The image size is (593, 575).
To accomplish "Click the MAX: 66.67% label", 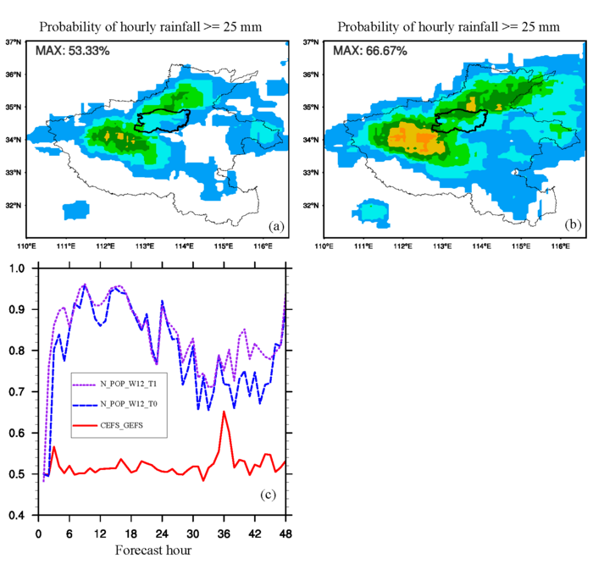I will pos(370,51).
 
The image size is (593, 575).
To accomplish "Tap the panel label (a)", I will pos(275,226).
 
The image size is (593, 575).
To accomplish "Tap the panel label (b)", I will pos(572,226).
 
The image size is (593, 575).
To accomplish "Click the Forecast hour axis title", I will pos(152,550).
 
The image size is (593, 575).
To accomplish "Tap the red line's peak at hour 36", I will pos(224,412).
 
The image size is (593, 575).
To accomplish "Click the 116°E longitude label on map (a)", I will pos(263,246).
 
